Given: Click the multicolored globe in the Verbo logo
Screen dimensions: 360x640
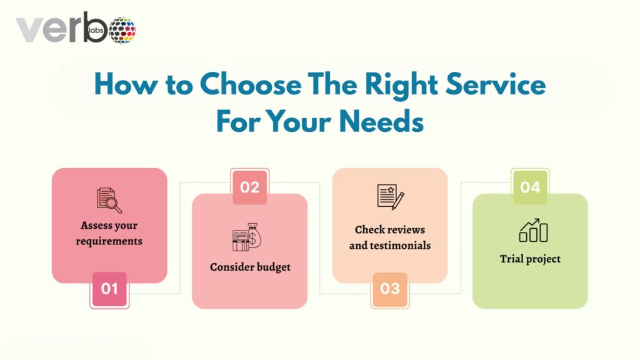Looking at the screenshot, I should [x=122, y=29].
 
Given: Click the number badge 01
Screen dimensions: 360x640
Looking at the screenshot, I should [x=109, y=289].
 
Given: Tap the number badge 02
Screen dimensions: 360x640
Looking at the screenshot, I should [x=250, y=187].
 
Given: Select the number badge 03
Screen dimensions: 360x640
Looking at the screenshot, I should [x=390, y=289].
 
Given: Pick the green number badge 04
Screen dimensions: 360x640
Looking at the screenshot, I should [x=530, y=187].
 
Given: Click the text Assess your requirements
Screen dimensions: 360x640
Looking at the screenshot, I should [x=109, y=232].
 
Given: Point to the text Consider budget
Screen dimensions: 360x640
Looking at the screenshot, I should [x=250, y=267].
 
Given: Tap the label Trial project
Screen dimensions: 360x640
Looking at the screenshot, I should [x=530, y=259].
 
